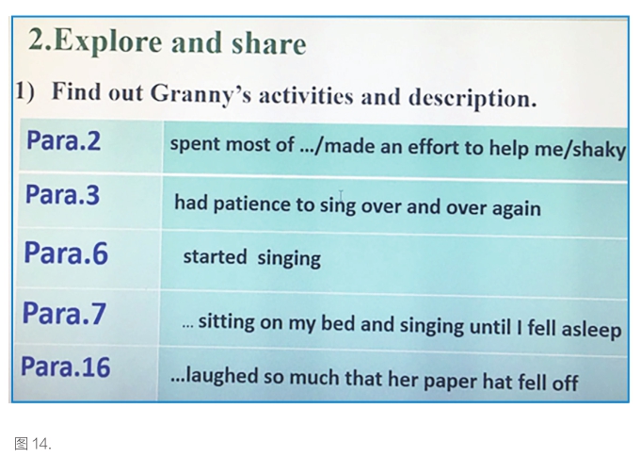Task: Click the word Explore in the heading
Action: pyautogui.click(x=107, y=42)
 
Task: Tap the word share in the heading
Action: pyautogui.click(x=268, y=43)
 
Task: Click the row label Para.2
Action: pyautogui.click(x=63, y=140)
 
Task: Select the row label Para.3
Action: pyautogui.click(x=62, y=194)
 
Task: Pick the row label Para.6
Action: pyautogui.click(x=66, y=253)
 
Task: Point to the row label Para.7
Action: pyautogui.click(x=64, y=314)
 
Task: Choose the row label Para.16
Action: pyautogui.click(x=65, y=367)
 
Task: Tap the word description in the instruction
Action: pyautogui.click(x=473, y=99)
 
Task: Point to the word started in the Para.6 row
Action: pyautogui.click(x=215, y=257)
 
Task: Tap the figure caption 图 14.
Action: pyautogui.click(x=33, y=444)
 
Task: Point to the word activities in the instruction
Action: pyautogui.click(x=306, y=96)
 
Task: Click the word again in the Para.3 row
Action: pyautogui.click(x=517, y=209)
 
